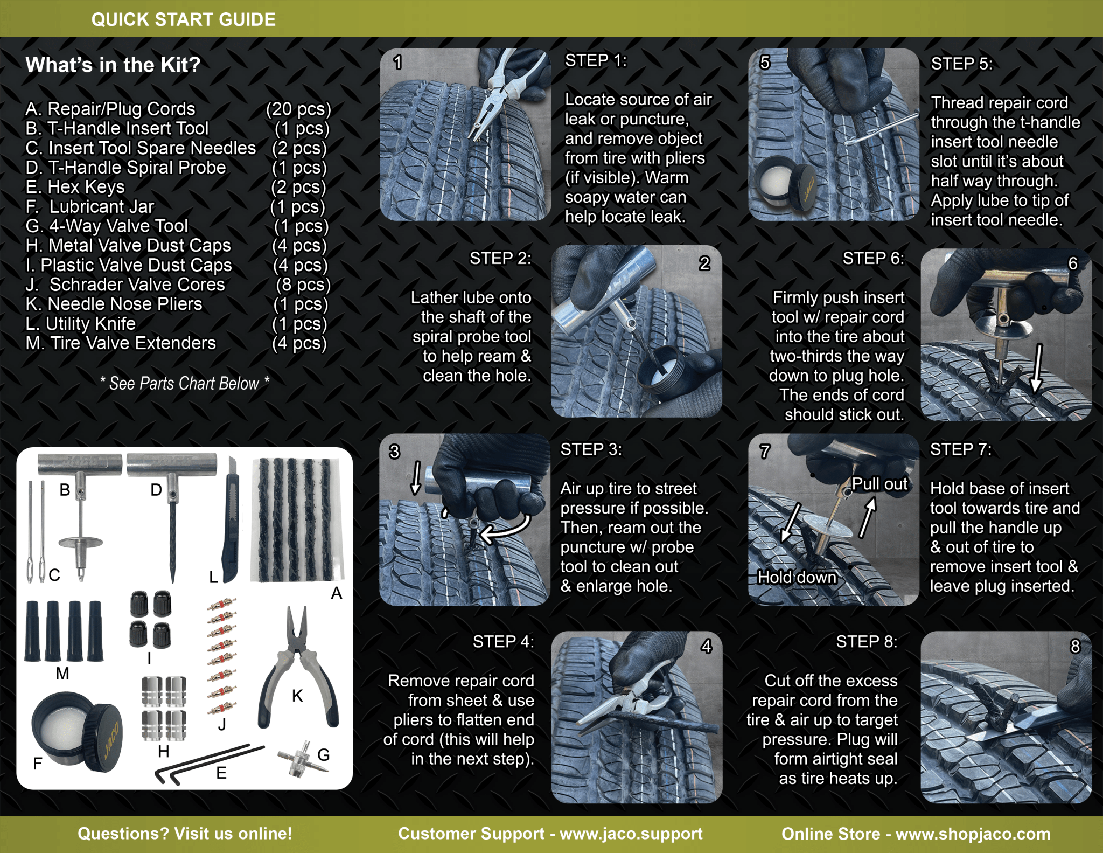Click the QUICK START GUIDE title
click(183, 19)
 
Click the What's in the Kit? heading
click(113, 65)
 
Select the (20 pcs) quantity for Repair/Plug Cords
click(298, 109)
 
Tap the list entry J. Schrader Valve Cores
click(125, 284)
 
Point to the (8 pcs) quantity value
click(303, 284)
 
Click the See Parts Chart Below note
click(184, 383)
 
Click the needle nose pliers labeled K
click(297, 668)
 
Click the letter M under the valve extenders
click(62, 673)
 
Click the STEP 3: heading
click(591, 449)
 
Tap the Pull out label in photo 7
click(879, 484)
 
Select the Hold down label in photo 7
click(797, 577)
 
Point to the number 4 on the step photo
click(706, 646)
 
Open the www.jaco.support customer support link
click(631, 834)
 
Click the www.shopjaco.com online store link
click(973, 834)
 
